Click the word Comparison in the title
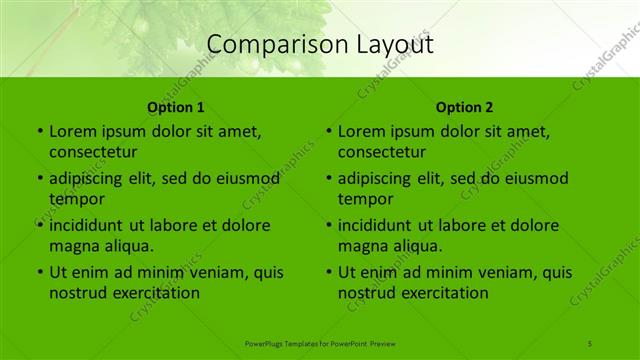click(264, 44)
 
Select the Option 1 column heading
click(176, 107)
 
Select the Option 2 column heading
click(465, 107)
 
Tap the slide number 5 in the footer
click(590, 343)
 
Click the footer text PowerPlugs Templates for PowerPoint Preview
click(320, 343)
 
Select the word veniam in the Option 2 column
click(512, 272)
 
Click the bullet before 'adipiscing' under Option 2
click(328, 179)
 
